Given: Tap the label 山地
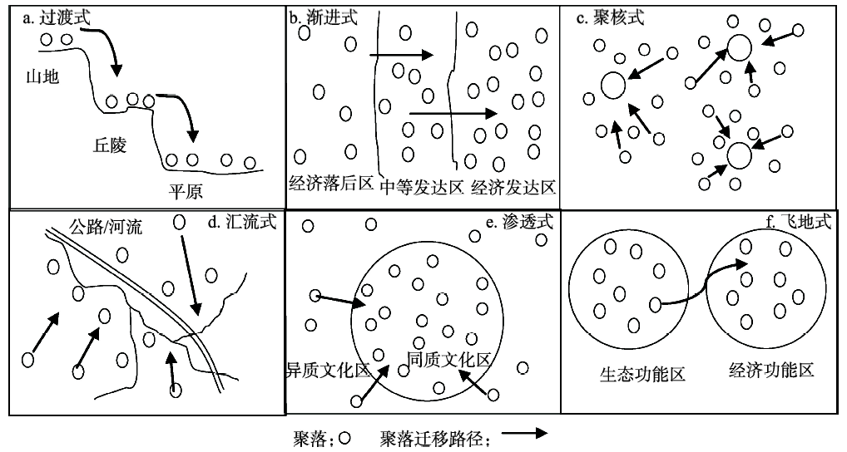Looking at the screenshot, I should tap(42, 76).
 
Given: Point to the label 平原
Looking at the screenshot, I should tap(186, 189).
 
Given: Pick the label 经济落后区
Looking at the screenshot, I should tap(331, 184).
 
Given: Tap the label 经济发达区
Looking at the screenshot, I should tap(513, 185).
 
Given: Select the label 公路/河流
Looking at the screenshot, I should tap(106, 227).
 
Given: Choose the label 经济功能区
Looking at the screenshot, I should tap(770, 370).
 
